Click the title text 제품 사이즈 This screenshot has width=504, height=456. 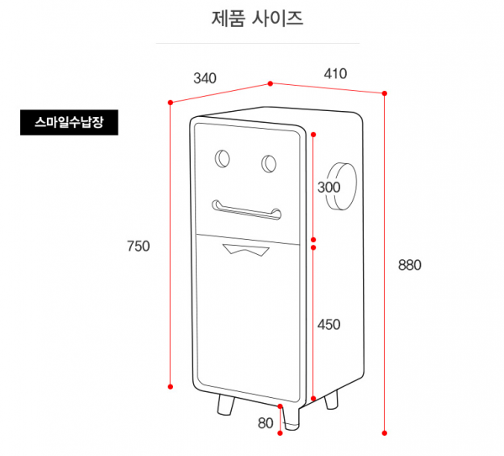tap(258, 18)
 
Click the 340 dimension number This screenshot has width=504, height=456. tap(205, 78)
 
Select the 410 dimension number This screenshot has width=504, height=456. tap(335, 73)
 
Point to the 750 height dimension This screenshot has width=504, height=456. tap(138, 246)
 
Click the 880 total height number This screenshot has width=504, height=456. tap(409, 264)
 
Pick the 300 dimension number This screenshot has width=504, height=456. tap(329, 187)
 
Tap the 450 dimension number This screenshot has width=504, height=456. tap(329, 324)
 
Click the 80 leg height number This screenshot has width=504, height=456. tap(265, 423)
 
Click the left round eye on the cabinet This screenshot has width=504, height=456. tap(223, 159)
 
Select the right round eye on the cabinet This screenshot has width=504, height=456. tap(270, 163)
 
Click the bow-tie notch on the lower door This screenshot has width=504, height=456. tap(244, 248)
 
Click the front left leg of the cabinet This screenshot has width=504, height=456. tap(225, 406)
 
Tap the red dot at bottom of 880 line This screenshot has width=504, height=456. tap(386, 432)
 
